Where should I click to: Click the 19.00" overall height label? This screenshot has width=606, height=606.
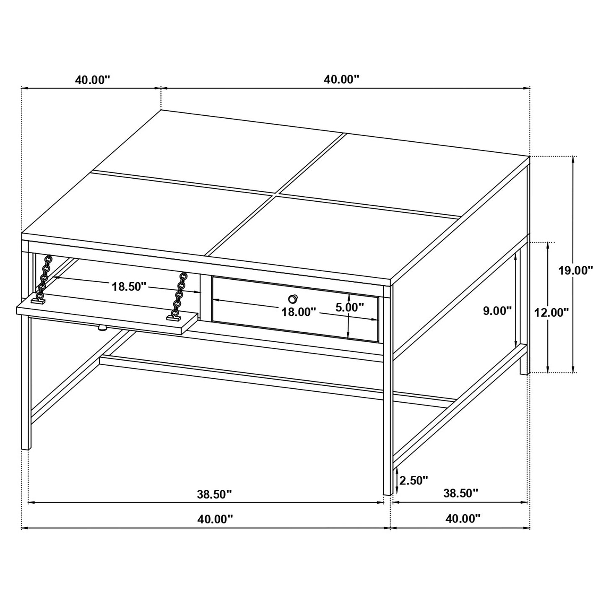pyautogui.click(x=575, y=270)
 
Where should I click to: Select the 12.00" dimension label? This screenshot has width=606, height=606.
pyautogui.click(x=551, y=312)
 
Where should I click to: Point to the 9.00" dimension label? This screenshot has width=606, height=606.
pyautogui.click(x=497, y=311)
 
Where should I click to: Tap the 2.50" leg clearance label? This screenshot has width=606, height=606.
pyautogui.click(x=414, y=480)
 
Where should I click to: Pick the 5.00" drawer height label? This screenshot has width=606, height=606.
pyautogui.click(x=349, y=307)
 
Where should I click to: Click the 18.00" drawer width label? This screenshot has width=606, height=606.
pyautogui.click(x=298, y=312)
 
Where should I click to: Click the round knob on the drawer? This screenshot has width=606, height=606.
pyautogui.click(x=293, y=299)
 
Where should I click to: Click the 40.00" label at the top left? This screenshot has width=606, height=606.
pyautogui.click(x=92, y=80)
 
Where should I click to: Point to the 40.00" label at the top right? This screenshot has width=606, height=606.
pyautogui.click(x=341, y=79)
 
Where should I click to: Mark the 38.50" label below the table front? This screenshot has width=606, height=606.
pyautogui.click(x=214, y=494)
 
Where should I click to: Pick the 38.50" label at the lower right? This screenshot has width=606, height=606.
pyautogui.click(x=460, y=493)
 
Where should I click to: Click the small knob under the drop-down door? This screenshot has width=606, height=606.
pyautogui.click(x=102, y=328)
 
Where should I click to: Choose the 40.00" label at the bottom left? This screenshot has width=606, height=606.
pyautogui.click(x=215, y=519)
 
